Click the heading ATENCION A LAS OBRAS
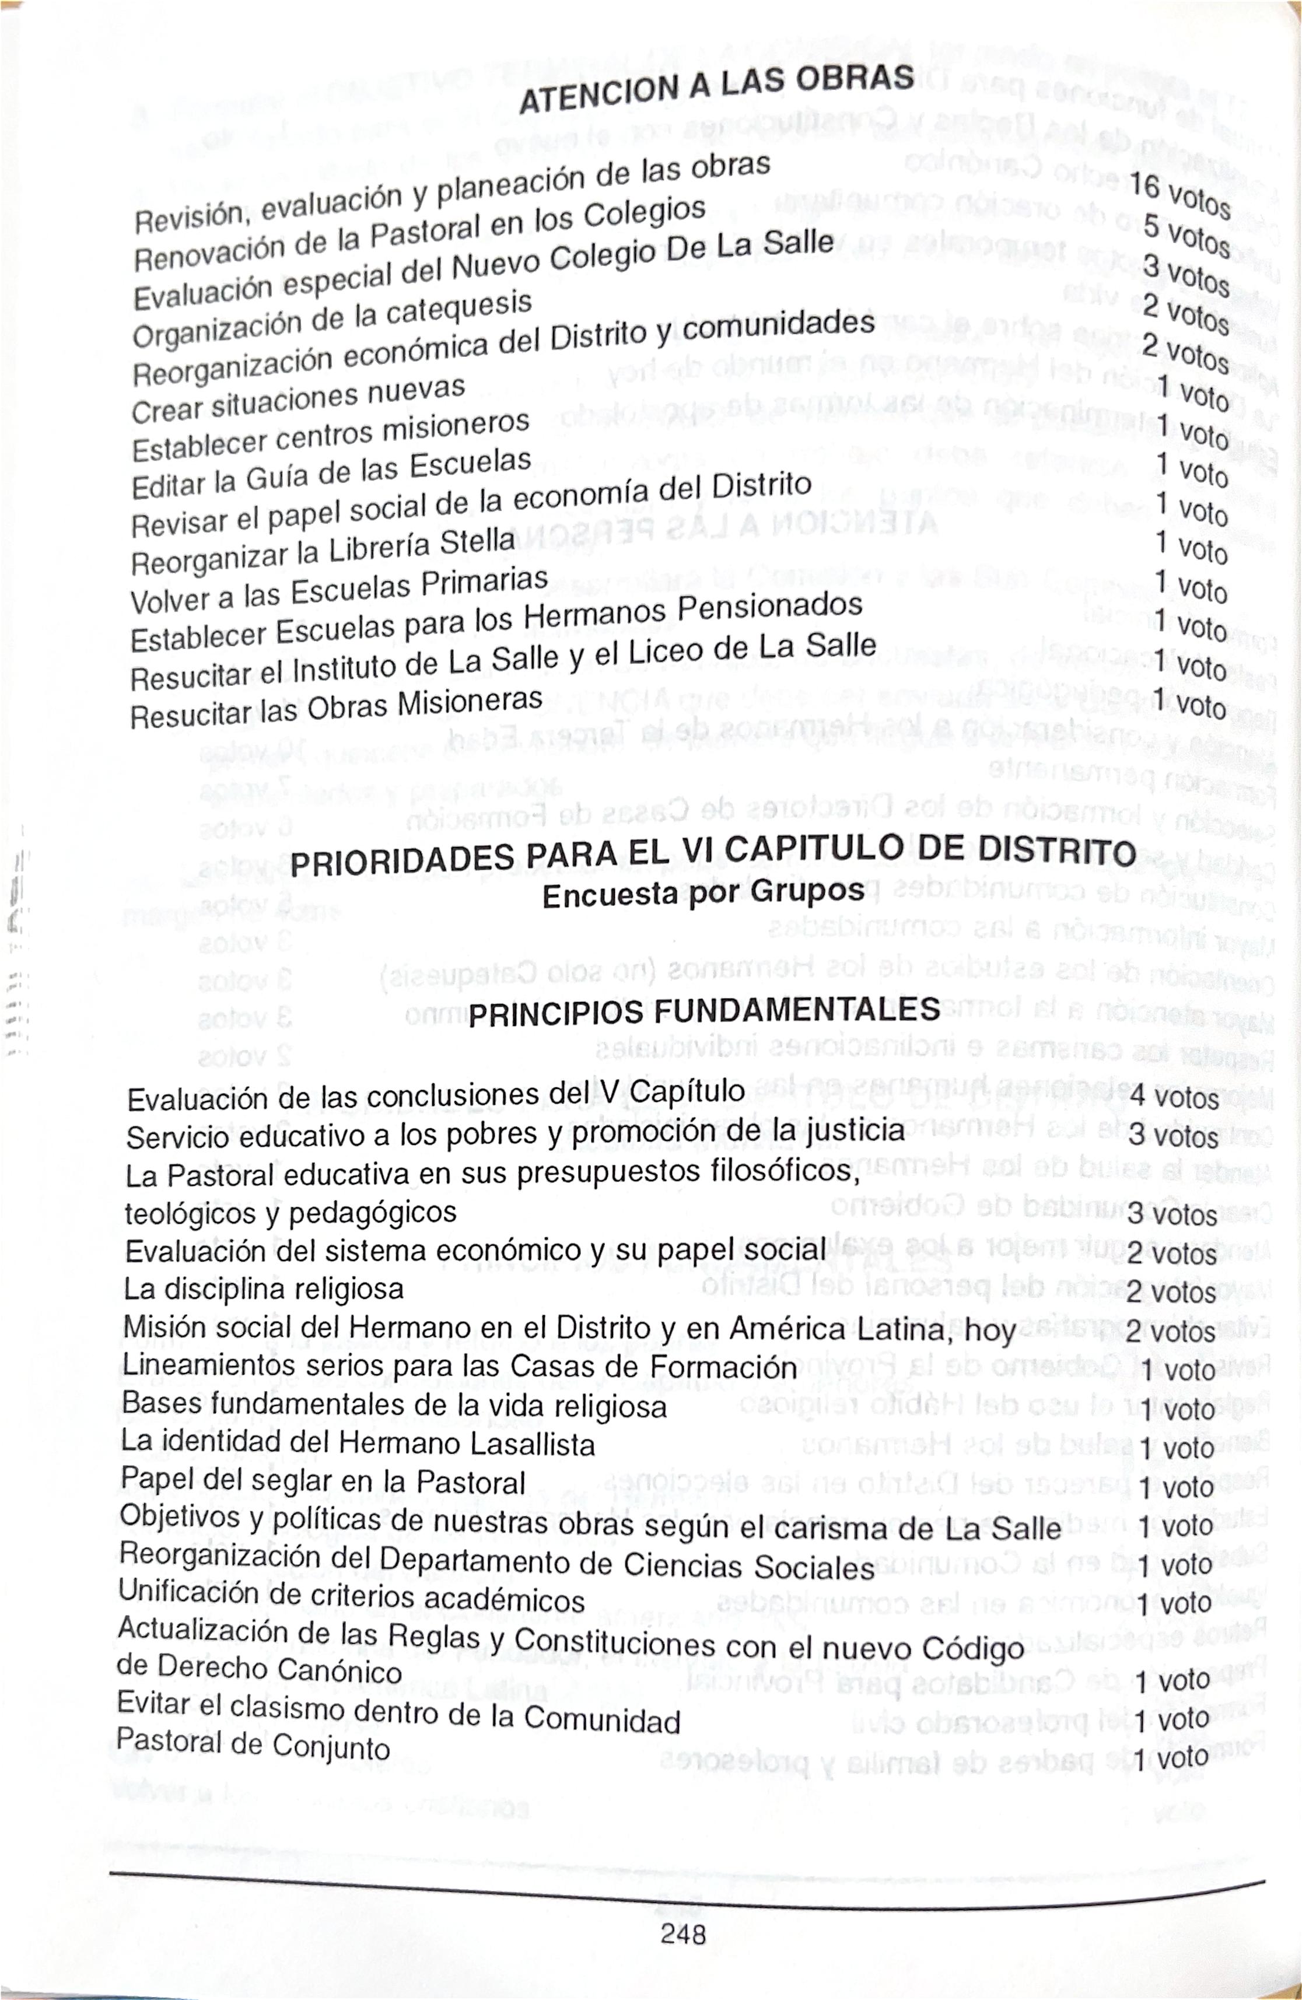point(716,90)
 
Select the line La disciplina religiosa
point(264,1288)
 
